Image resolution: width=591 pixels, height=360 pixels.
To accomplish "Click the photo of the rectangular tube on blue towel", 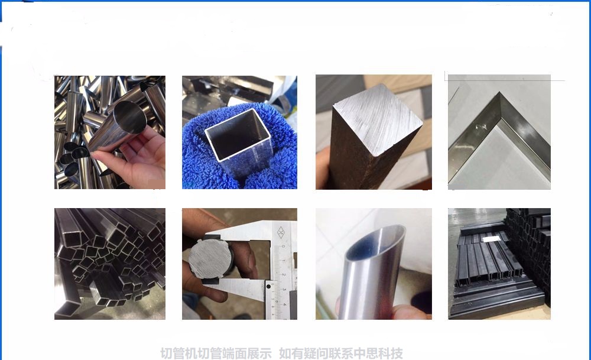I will pyautogui.click(x=239, y=132).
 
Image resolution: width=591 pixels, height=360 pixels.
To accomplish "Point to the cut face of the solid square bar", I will pyautogui.click(x=377, y=121).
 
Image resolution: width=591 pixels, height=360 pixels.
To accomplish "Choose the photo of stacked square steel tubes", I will pyautogui.click(x=109, y=264).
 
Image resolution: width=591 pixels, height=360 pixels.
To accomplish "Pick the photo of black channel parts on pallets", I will pyautogui.click(x=499, y=264).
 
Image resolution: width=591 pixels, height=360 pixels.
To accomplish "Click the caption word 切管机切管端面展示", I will pyautogui.click(x=216, y=353).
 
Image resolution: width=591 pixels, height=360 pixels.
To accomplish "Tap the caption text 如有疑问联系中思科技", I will pyautogui.click(x=341, y=353).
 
